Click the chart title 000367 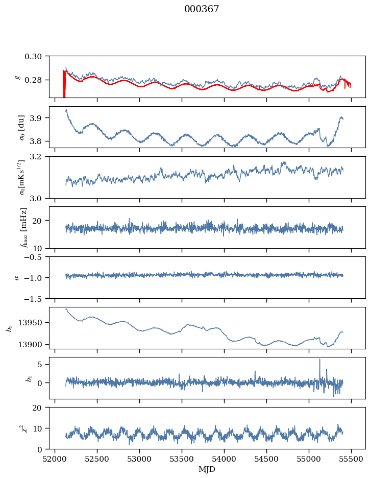pyautogui.click(x=202, y=9)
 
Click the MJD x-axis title pyautogui.click(x=207, y=469)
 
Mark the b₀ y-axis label pyautogui.click(x=9, y=327)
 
